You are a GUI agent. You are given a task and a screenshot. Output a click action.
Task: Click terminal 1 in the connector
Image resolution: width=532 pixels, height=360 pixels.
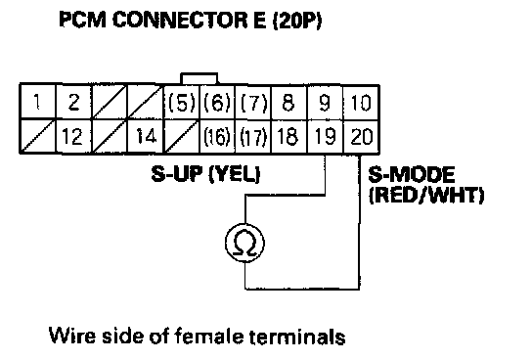37,102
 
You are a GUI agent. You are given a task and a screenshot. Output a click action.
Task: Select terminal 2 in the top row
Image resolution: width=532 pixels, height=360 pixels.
73,102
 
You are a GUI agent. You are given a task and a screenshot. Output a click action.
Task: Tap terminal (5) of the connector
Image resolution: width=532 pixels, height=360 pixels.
182,102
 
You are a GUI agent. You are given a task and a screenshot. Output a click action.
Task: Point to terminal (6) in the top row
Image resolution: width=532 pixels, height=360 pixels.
217,102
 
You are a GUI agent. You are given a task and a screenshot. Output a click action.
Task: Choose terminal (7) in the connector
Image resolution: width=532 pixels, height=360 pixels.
253,102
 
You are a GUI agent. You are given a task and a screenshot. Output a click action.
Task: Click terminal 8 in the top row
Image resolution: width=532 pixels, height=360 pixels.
289,102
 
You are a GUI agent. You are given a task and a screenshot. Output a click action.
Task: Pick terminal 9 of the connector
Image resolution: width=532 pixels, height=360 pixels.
325,102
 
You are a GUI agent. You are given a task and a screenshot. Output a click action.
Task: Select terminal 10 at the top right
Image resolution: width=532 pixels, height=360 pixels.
361,102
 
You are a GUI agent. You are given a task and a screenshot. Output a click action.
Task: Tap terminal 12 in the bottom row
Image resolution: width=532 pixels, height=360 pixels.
73,136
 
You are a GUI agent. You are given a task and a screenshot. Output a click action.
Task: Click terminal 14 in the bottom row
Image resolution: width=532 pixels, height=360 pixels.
146,136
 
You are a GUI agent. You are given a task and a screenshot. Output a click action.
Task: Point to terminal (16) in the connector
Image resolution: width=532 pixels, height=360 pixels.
217,136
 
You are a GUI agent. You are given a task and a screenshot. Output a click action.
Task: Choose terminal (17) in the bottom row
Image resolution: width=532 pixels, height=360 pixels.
253,136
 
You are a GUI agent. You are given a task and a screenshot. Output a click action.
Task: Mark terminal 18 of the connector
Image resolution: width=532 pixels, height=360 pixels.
289,136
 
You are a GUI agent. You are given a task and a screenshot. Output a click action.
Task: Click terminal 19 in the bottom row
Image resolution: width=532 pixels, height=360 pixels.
325,136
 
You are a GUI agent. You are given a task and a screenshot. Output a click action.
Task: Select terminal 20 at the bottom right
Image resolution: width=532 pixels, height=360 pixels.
361,136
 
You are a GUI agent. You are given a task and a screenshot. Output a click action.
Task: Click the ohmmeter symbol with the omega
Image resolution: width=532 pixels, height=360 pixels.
244,243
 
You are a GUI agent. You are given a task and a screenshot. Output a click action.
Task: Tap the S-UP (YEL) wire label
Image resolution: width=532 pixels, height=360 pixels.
205,174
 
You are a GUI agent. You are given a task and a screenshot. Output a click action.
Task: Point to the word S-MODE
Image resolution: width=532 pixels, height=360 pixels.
411,175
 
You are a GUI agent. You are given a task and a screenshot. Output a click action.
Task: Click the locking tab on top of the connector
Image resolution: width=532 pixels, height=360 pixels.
199,78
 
